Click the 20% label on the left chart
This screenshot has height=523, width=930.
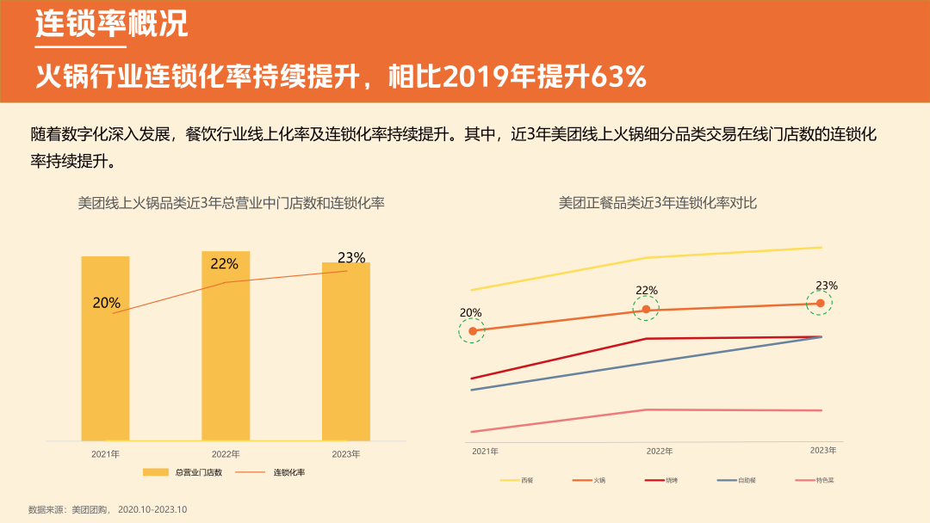107,303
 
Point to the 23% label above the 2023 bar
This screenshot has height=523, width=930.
351,257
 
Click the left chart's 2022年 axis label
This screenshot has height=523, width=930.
226,453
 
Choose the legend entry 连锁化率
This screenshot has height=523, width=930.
289,472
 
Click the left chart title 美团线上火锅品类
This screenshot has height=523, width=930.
231,203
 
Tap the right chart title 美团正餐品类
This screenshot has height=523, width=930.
658,203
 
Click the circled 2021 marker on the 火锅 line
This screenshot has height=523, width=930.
472,331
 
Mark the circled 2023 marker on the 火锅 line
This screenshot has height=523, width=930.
820,303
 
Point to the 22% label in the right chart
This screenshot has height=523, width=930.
647,291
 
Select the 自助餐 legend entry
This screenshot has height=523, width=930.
741,480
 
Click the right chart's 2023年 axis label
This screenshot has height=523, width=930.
823,450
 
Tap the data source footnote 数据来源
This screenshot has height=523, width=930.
108,509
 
